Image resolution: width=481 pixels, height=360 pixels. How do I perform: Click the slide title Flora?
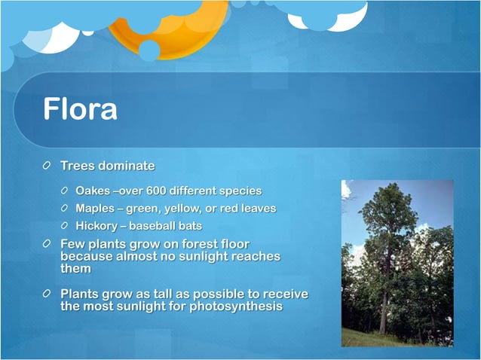(x=80, y=108)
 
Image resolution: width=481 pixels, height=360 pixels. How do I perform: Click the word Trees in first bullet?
(x=78, y=166)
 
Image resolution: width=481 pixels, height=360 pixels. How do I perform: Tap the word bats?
(x=190, y=225)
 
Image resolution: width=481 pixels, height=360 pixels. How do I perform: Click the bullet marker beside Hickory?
(x=66, y=225)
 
